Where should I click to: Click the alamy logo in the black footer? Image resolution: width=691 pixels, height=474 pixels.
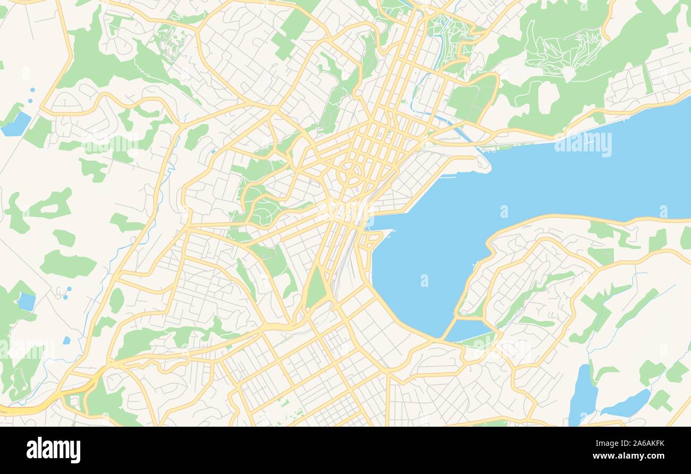pyautogui.click(x=53, y=450)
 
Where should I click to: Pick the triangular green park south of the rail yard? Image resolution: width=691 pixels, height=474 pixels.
pyautogui.click(x=316, y=290)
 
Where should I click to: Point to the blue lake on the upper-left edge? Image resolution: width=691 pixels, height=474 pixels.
pyautogui.click(x=16, y=124)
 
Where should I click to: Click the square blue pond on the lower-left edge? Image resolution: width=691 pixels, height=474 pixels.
pyautogui.click(x=26, y=301)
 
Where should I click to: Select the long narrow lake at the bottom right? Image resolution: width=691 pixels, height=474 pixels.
pyautogui.click(x=583, y=396)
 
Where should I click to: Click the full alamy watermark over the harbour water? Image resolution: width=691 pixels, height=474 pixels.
pyautogui.click(x=583, y=144)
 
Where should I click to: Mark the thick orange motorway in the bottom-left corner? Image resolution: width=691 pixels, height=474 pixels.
pyautogui.click(x=32, y=408)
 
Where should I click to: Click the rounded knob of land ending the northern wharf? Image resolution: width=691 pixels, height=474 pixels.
pyautogui.click(x=483, y=163)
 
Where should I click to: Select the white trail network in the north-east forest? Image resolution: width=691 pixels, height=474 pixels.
pyautogui.click(x=563, y=48)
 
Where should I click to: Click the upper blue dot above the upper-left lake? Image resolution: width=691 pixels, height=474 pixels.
pyautogui.click(x=32, y=90)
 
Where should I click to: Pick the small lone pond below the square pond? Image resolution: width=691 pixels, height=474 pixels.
pyautogui.click(x=66, y=340)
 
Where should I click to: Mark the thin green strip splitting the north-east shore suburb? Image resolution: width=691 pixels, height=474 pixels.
pyautogui.click(x=647, y=80)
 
